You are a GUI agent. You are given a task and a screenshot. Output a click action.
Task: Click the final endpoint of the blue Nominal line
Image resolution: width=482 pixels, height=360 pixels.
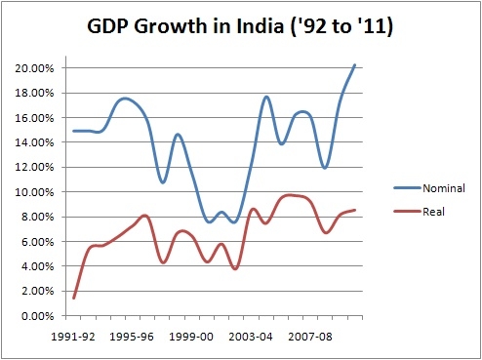coord(354,64)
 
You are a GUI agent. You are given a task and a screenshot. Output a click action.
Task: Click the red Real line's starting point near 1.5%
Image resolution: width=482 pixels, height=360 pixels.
coord(75,298)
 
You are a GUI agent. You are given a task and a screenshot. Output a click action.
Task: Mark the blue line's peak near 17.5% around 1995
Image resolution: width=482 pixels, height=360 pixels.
coord(123,99)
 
